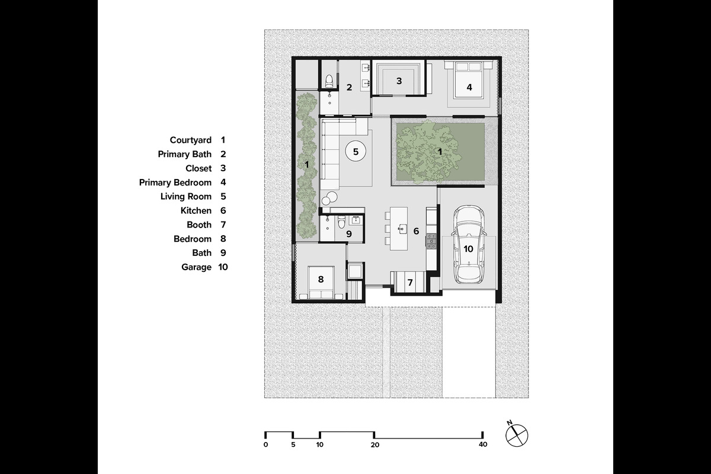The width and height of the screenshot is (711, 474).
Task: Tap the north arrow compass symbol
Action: [x=516, y=435]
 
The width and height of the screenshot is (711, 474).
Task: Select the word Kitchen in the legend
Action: [x=196, y=210]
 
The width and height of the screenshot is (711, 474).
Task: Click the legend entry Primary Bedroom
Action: [x=175, y=182]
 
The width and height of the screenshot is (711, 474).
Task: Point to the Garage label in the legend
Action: [x=196, y=267]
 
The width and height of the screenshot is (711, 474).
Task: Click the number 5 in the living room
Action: [x=355, y=152]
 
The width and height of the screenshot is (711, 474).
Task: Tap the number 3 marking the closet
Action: [x=399, y=81]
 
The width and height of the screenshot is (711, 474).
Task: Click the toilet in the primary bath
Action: [x=329, y=79]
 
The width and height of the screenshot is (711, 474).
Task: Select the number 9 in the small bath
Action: [x=349, y=234]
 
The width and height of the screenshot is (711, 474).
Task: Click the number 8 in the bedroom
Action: [x=321, y=278]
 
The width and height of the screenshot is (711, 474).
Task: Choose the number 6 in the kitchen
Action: [x=416, y=231]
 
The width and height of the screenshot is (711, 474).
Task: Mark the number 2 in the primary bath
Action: [x=349, y=88]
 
